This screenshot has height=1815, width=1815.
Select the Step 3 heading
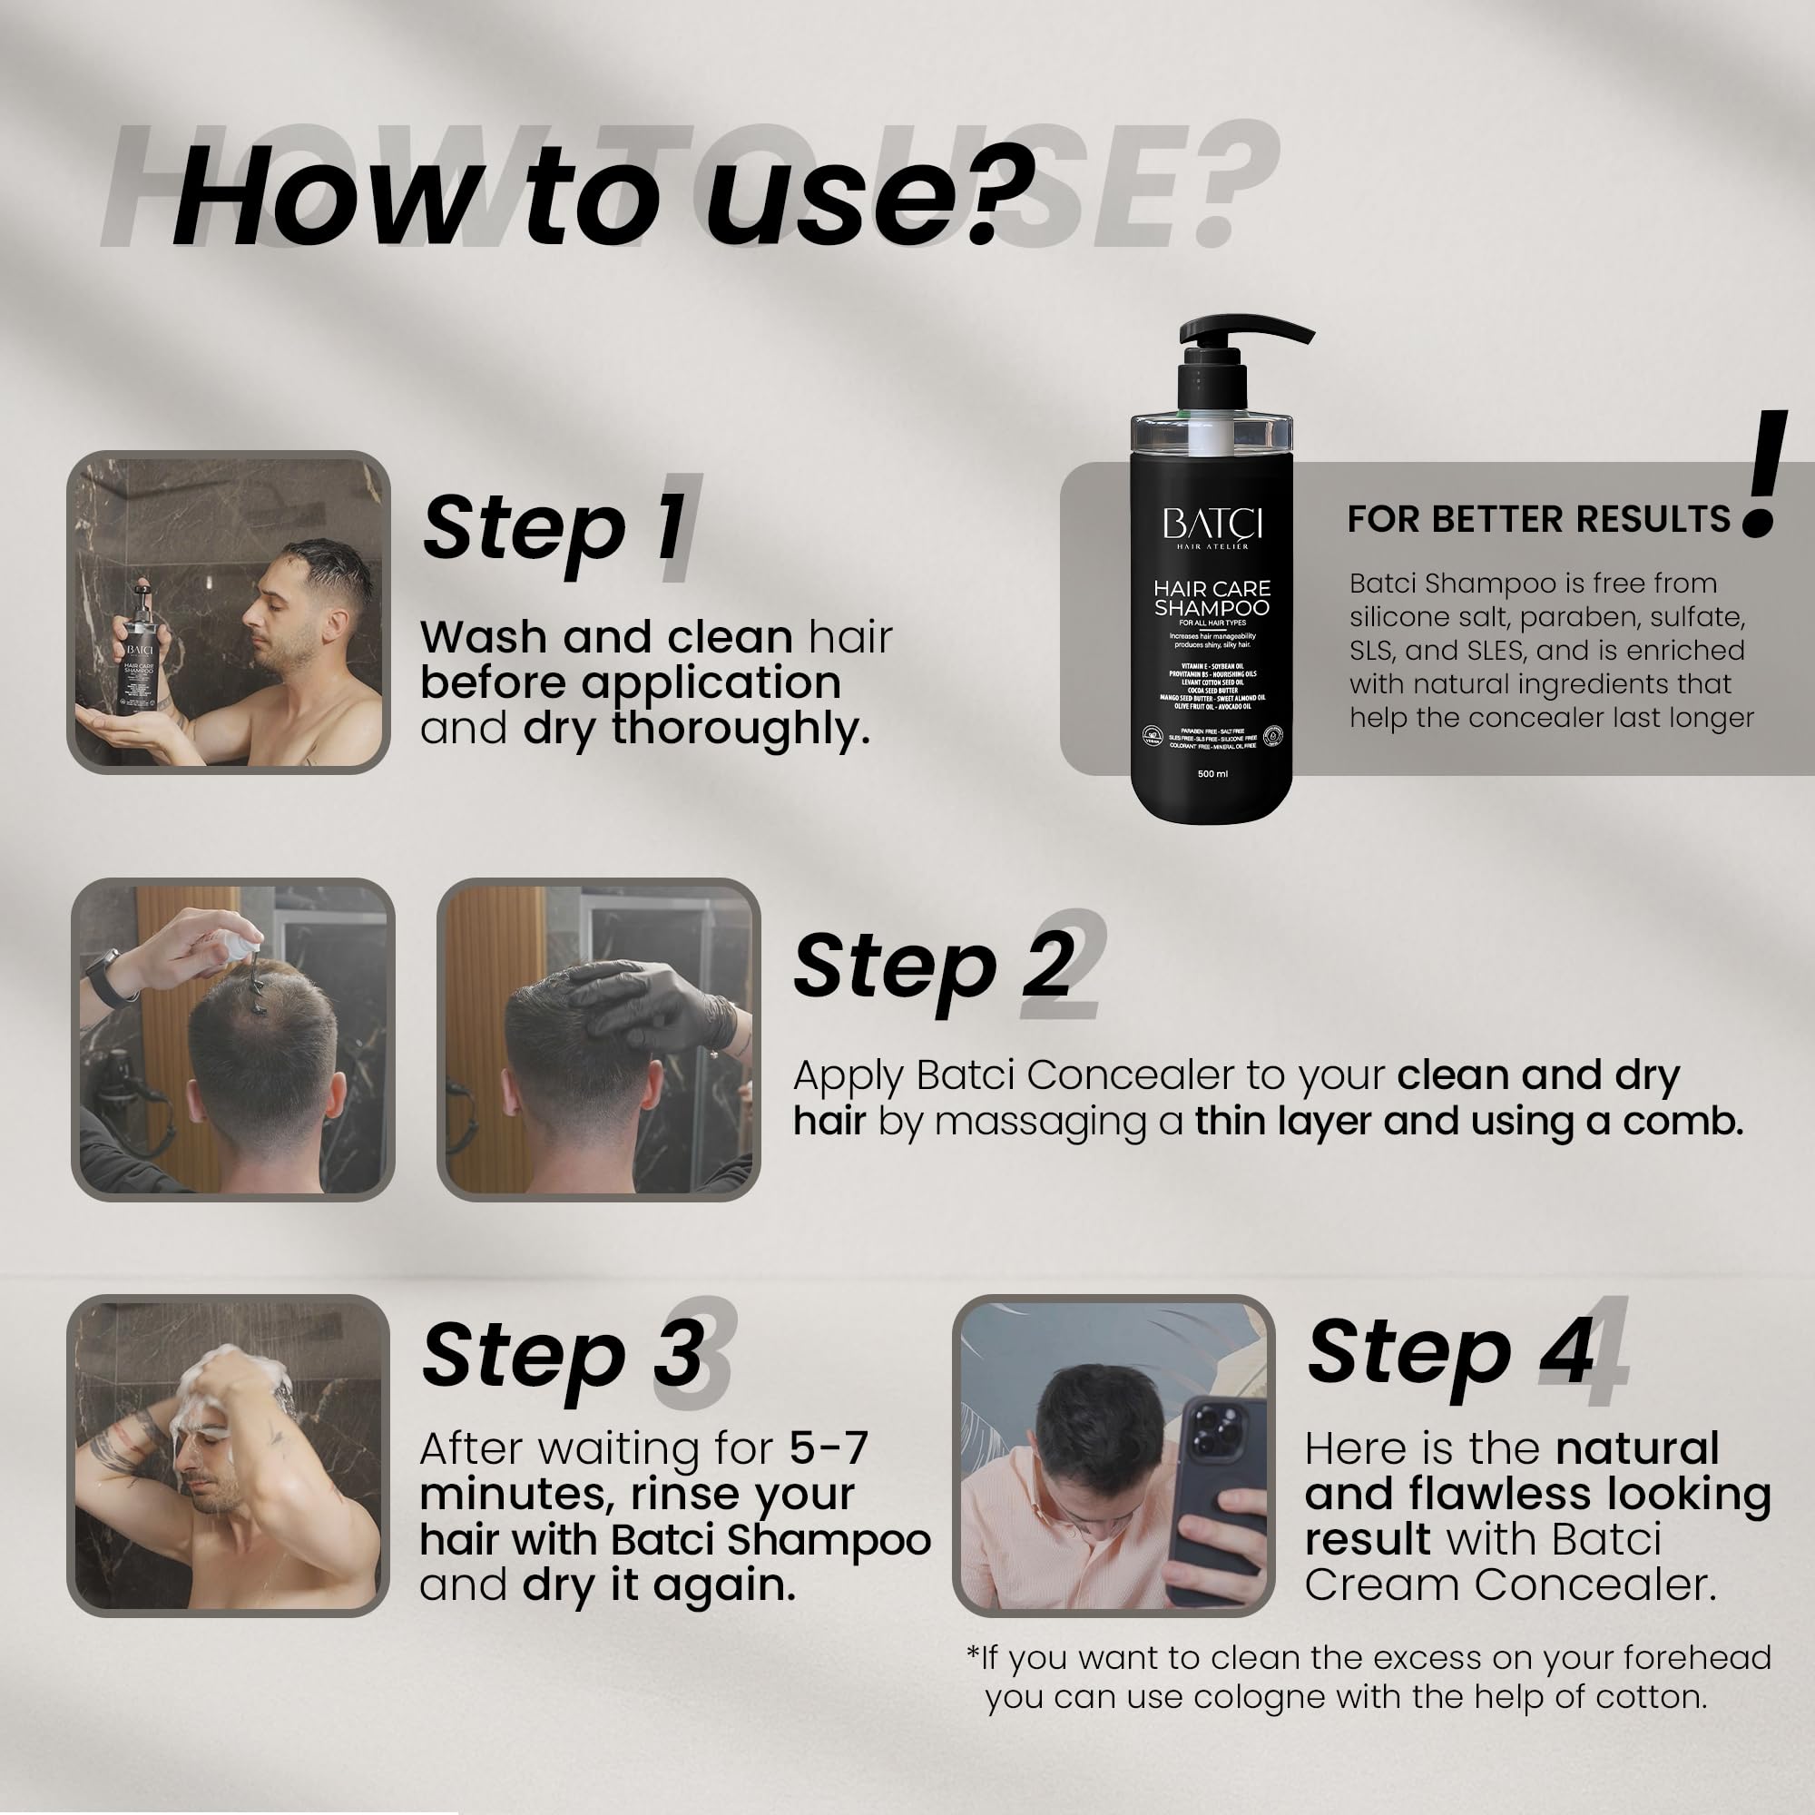pos(563,1356)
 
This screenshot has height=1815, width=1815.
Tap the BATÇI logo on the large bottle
pos(1212,526)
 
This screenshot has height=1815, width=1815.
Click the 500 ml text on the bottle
pos(1212,774)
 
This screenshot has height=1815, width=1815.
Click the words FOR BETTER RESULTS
pos(1538,519)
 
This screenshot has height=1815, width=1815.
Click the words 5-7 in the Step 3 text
pos(829,1448)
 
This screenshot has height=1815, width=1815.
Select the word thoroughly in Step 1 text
pos(741,728)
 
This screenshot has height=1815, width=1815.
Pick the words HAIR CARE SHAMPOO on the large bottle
pos(1212,598)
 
